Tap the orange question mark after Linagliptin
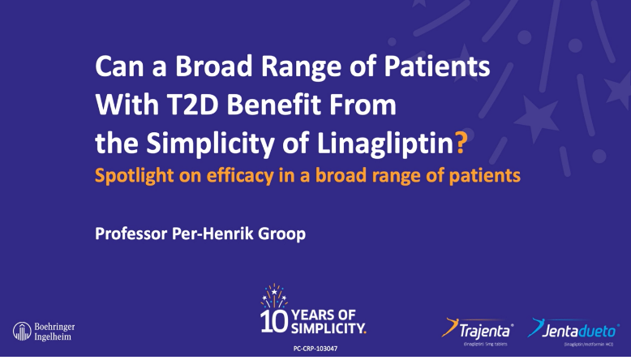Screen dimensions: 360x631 461,144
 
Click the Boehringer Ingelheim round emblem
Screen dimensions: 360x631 22,331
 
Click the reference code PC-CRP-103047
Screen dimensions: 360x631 315,348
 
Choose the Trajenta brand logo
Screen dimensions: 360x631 478,329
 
